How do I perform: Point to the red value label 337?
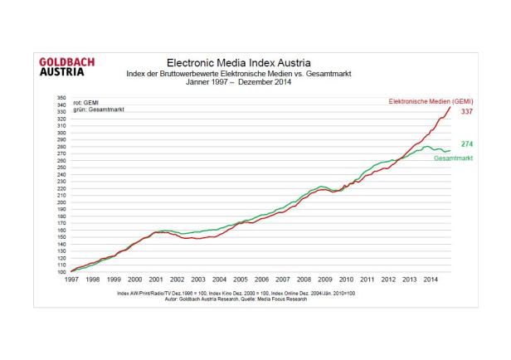click(466, 110)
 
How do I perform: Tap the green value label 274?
click(467, 144)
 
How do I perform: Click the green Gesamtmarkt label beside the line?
click(453, 158)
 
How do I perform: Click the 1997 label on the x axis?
click(72, 280)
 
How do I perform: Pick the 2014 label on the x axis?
click(432, 280)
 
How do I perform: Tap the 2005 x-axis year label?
click(241, 280)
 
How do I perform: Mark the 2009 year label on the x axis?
click(326, 280)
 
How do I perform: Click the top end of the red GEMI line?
click(450, 107)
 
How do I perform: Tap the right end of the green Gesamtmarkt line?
click(450, 150)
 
